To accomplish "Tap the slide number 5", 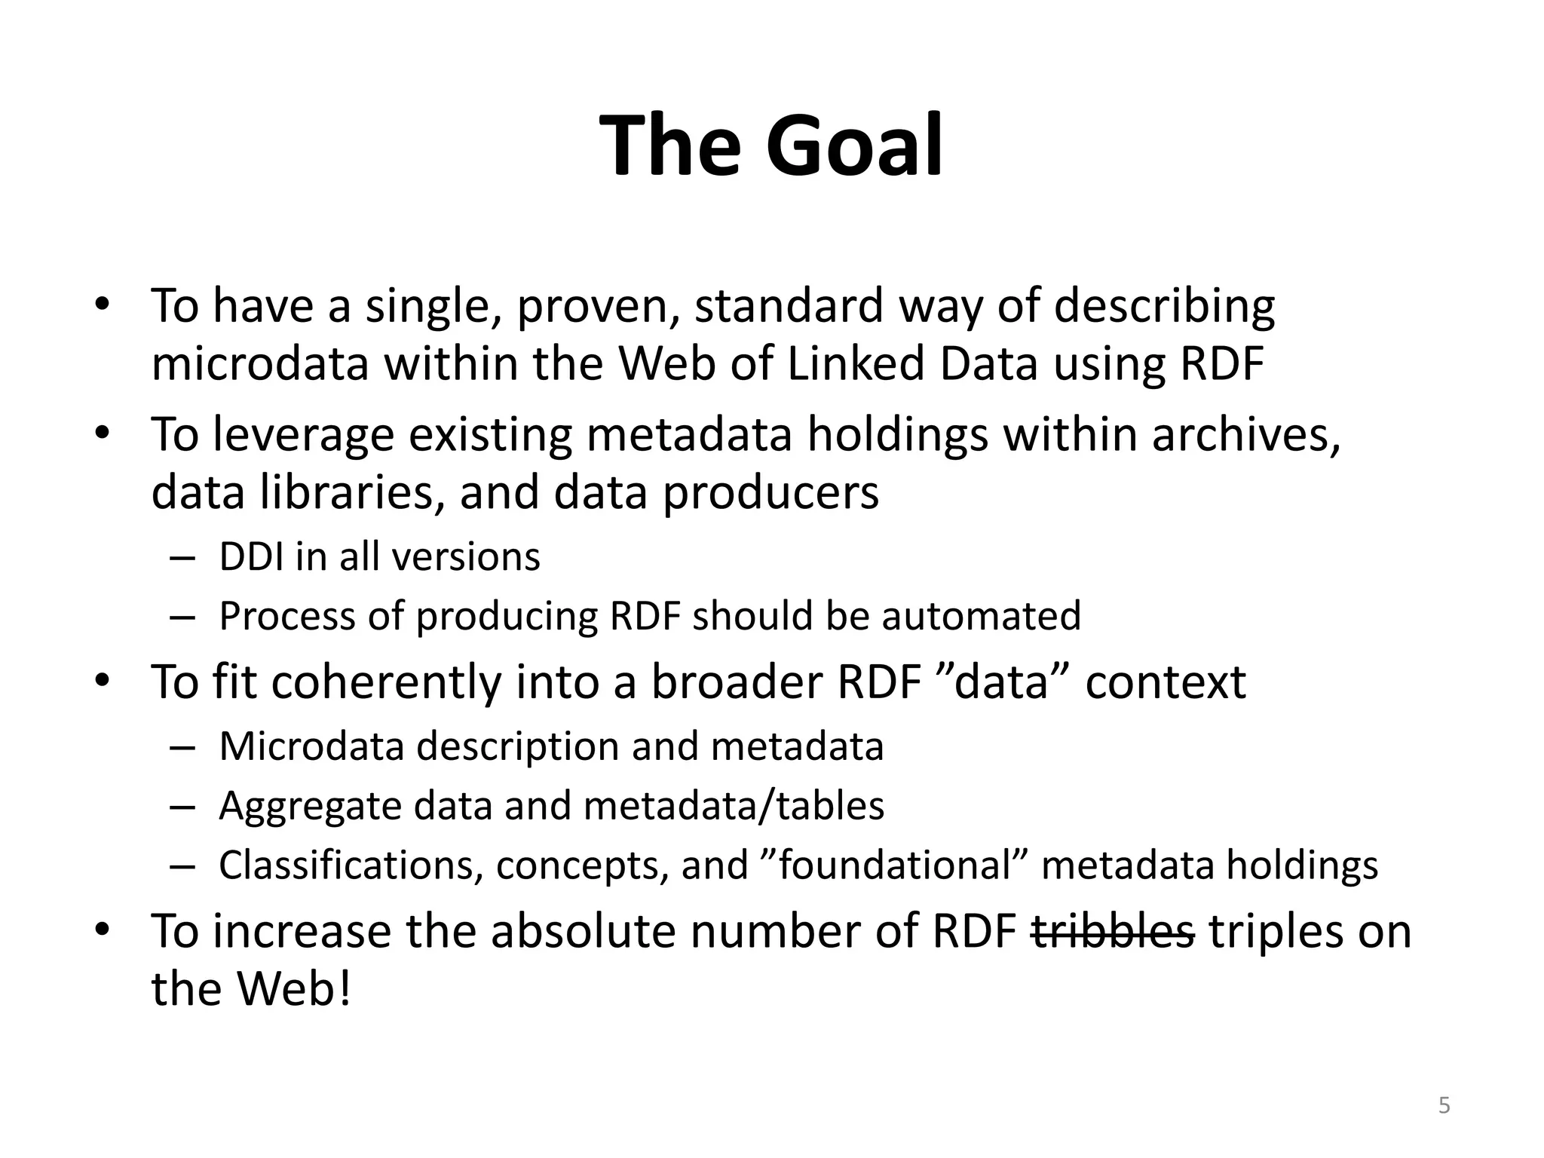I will click(1444, 1106).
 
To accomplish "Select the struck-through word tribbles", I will click(1113, 931).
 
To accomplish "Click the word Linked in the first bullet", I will click(855, 363).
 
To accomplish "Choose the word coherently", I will click(386, 682).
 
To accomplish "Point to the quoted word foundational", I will click(894, 865).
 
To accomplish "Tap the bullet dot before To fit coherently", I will click(103, 682).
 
